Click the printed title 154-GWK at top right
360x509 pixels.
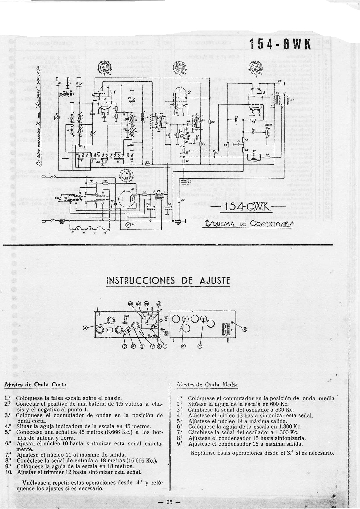click(280, 44)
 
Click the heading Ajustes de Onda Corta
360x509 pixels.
click(35, 384)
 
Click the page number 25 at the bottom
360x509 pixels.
click(169, 501)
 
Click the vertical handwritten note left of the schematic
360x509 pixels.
click(38, 119)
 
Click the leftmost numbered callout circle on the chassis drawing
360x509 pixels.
click(86, 327)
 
